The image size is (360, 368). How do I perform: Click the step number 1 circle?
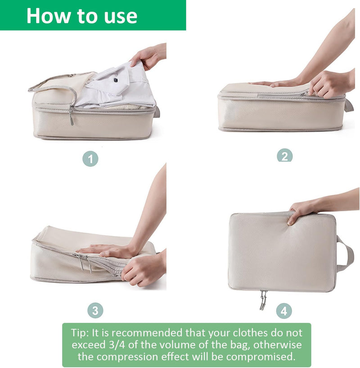point(90,159)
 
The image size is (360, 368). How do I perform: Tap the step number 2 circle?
point(284,155)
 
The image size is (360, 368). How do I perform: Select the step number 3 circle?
point(95,310)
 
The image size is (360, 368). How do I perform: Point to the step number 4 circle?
point(284,311)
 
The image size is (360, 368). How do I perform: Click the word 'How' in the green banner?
point(49,16)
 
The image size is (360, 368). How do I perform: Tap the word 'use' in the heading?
point(121,17)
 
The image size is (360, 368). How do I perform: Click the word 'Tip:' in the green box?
point(80,333)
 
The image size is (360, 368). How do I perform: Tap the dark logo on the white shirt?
point(116,80)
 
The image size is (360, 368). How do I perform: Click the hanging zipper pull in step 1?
point(71,116)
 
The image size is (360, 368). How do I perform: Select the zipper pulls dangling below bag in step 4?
point(263,300)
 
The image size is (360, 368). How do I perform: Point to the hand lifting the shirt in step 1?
point(148,57)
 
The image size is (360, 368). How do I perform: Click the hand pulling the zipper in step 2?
point(331,84)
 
